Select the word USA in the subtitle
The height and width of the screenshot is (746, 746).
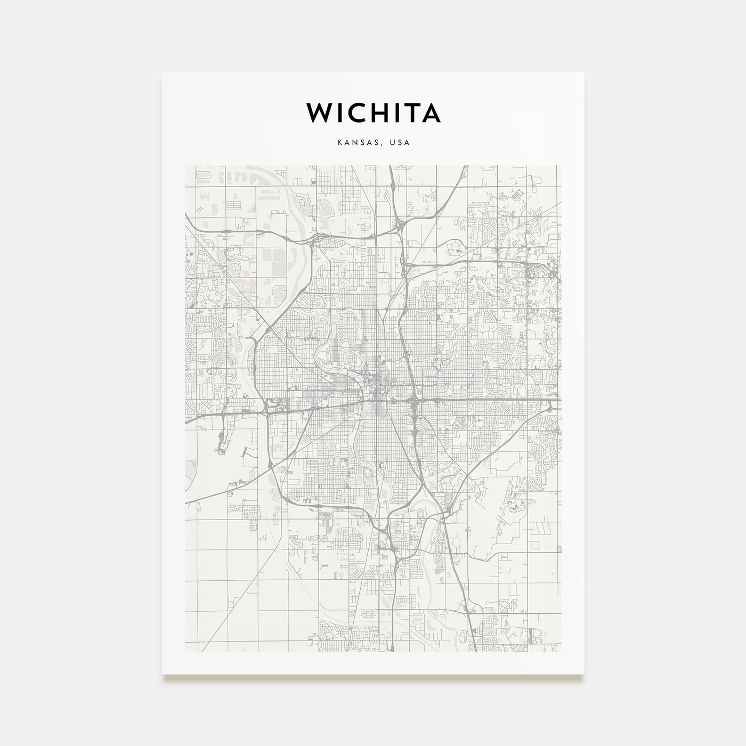[400, 143]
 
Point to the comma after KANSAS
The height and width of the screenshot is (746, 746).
[382, 145]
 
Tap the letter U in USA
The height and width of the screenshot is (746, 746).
[392, 143]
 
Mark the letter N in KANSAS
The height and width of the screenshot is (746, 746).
[352, 143]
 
